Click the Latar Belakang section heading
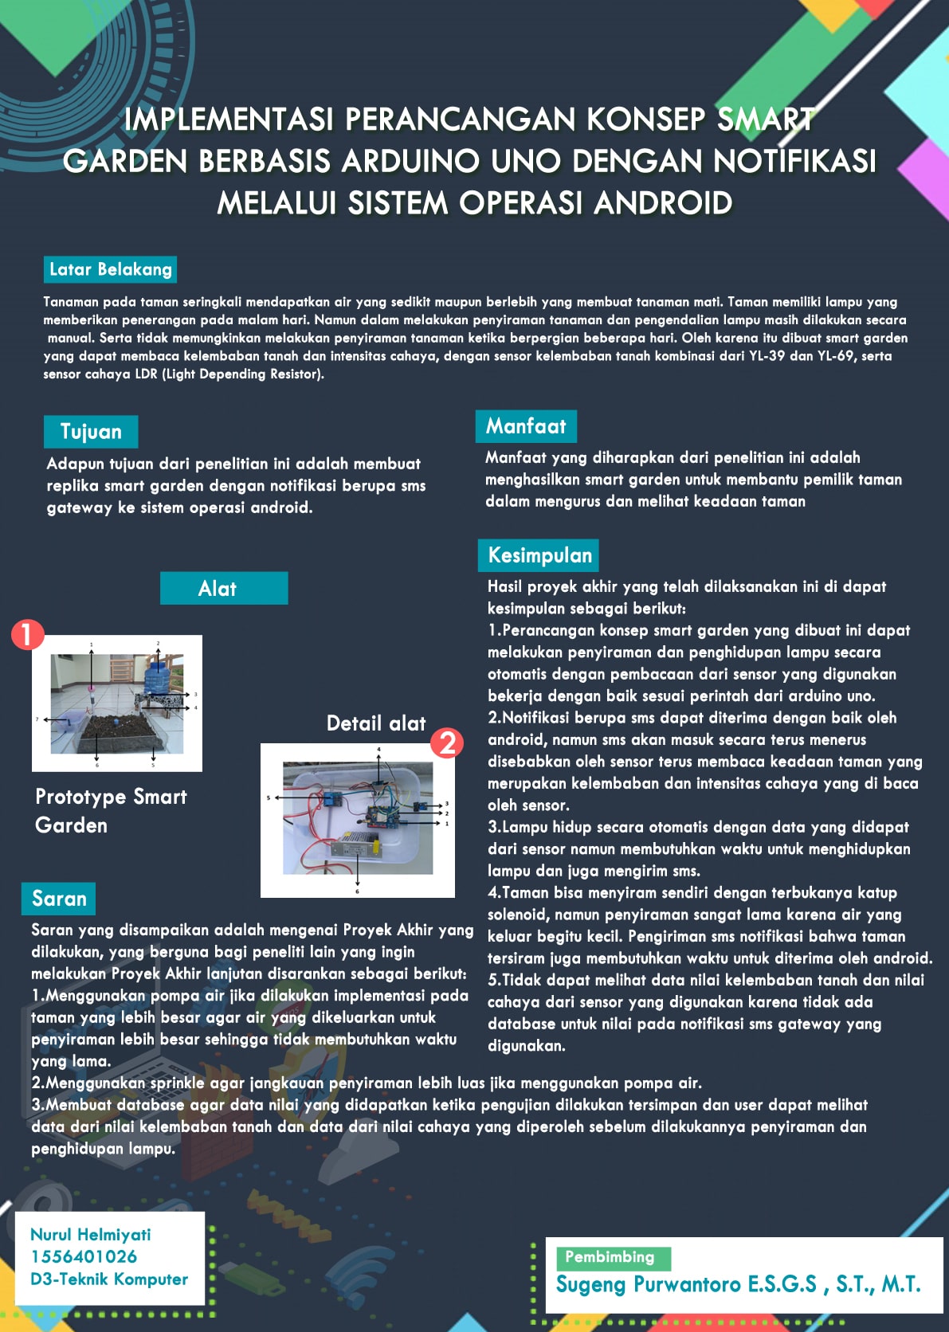[x=110, y=269]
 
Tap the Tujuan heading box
[x=91, y=432]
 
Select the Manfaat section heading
[x=526, y=426]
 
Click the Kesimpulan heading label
[x=539, y=555]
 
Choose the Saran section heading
[x=59, y=899]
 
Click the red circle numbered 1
[x=27, y=634]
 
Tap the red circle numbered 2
[x=447, y=742]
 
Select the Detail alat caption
[x=376, y=723]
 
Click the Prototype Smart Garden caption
[x=111, y=810]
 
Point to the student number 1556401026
[x=84, y=1256]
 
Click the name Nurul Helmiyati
[x=91, y=1235]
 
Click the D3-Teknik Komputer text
[x=109, y=1279]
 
